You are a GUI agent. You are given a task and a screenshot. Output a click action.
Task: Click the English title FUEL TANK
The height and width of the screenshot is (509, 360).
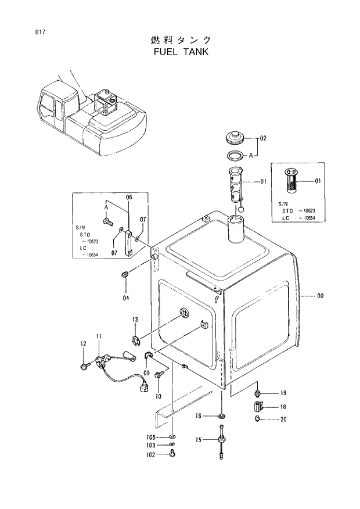[x=181, y=51]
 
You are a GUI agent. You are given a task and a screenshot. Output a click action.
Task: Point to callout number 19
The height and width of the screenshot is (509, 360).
[x=283, y=393]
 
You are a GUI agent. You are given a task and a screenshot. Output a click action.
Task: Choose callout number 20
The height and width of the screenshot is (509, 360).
[x=283, y=420]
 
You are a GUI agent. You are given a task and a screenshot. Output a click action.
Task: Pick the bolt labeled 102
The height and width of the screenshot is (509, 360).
[x=172, y=456]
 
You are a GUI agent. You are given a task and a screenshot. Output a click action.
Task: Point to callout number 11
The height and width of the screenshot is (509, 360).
[x=99, y=336]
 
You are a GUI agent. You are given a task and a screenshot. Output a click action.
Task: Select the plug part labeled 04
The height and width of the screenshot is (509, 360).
[x=125, y=274]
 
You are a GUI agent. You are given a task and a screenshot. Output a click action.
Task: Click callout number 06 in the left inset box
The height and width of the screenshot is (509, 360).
[x=129, y=198]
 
